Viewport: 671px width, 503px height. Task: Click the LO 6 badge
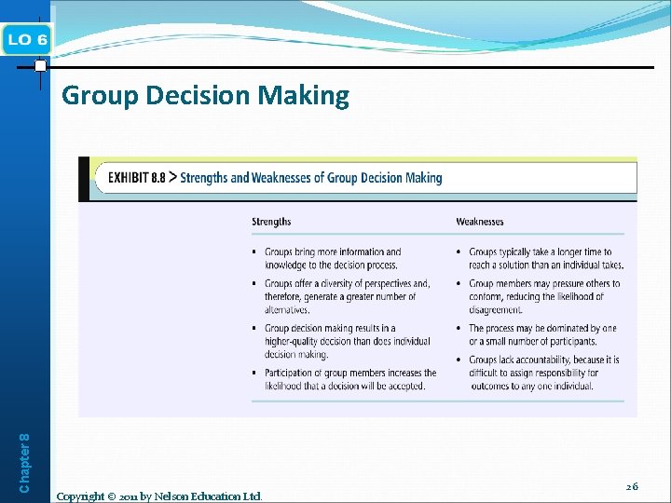(27, 38)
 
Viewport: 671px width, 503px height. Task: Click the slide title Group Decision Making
(205, 96)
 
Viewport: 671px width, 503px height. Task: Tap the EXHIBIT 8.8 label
(136, 177)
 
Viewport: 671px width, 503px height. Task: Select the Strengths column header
(271, 222)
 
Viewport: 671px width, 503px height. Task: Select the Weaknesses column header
(480, 222)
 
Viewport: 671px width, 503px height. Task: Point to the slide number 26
(632, 486)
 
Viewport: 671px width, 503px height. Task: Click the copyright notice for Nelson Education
(159, 496)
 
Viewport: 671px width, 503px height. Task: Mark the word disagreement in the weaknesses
(496, 310)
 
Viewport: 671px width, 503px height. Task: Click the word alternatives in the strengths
(287, 310)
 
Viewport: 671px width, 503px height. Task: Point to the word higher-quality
(295, 342)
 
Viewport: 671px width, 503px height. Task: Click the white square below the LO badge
(40, 66)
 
